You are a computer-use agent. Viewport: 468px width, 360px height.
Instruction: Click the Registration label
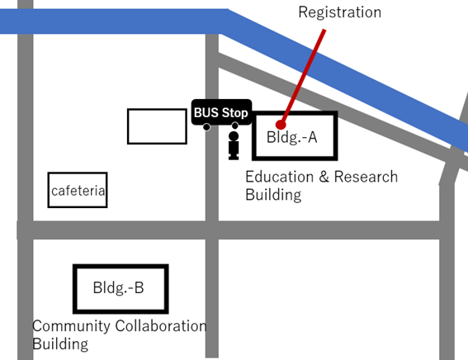[x=340, y=12]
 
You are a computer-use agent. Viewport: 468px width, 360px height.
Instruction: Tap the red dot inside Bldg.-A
[x=281, y=124]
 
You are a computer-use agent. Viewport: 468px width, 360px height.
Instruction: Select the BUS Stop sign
[x=221, y=112]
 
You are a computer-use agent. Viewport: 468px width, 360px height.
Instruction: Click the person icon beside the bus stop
[x=234, y=145]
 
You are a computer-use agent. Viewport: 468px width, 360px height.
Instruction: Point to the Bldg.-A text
[x=291, y=137]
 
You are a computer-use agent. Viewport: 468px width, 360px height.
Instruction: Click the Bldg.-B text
[x=118, y=288]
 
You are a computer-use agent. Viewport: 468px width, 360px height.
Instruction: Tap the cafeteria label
[x=78, y=191]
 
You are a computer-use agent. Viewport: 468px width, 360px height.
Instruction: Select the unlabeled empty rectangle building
[x=157, y=126]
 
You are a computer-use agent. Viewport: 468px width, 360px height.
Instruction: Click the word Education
[x=279, y=177]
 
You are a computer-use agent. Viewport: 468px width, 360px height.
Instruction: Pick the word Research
[x=366, y=177]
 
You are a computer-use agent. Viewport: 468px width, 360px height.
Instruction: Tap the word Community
[x=71, y=326]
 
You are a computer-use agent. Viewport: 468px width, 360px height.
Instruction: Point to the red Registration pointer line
[x=303, y=77]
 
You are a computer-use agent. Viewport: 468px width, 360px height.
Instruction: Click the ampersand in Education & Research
[x=324, y=177]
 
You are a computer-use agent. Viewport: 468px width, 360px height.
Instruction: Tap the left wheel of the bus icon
[x=206, y=127]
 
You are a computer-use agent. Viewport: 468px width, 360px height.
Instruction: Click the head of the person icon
[x=234, y=136]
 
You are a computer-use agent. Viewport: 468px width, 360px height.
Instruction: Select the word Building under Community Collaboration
[x=60, y=344]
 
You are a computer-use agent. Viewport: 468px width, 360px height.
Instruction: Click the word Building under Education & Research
[x=273, y=195]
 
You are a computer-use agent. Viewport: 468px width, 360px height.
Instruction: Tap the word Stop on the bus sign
[x=235, y=113]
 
